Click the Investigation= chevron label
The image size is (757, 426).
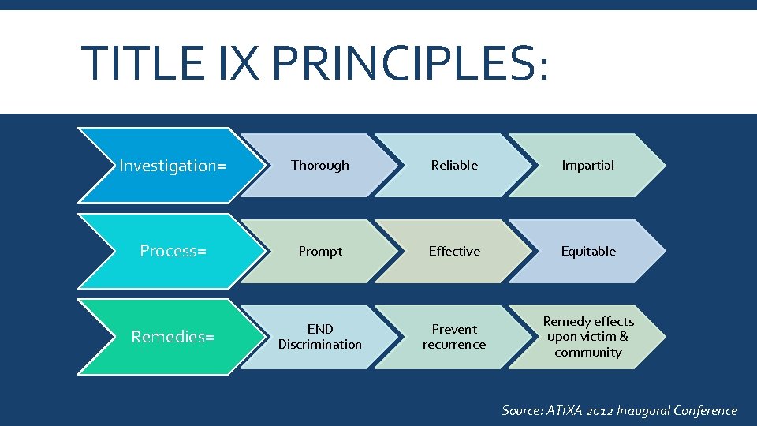coord(172,166)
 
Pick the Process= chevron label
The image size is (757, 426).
coord(173,251)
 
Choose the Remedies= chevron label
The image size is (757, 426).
coord(173,337)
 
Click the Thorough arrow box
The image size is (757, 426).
coord(319,165)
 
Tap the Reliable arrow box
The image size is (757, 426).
coord(454,165)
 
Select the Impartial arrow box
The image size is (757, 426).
coord(587,165)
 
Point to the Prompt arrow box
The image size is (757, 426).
coord(320,251)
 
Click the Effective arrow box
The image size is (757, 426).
coord(454,251)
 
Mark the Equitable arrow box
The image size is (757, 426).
coord(588,251)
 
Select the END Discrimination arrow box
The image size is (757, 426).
coord(320,337)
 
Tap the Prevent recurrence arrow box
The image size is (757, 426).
coord(454,337)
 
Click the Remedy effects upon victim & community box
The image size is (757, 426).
coord(588,337)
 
